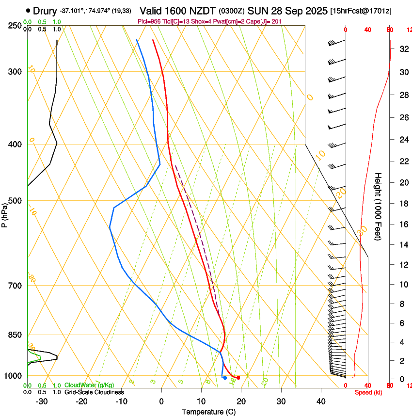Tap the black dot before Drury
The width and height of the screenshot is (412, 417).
pyautogui.click(x=28, y=10)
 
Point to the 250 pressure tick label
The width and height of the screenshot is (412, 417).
pyautogui.click(x=15, y=26)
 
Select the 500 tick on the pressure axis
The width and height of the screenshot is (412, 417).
pyautogui.click(x=15, y=201)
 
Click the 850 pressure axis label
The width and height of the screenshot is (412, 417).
pyautogui.click(x=15, y=335)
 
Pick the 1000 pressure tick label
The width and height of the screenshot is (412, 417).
pyautogui.click(x=13, y=376)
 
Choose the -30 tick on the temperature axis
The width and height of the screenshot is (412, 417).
pyautogui.click(x=42, y=401)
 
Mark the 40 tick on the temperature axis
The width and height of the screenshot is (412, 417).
pyautogui.click(x=321, y=401)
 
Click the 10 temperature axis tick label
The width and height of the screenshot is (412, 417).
pyautogui.click(x=201, y=401)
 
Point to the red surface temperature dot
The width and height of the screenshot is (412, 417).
pyautogui.click(x=238, y=377)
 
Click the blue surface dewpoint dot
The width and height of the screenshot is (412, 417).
pyautogui.click(x=225, y=377)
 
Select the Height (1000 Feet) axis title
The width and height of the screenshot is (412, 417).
pyautogui.click(x=379, y=206)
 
